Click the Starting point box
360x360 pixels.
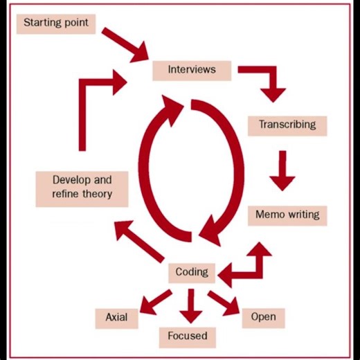point(56,23)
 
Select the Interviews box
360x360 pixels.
point(191,69)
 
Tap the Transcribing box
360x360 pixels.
point(287,125)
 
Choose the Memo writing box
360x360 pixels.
point(287,215)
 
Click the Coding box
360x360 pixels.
point(192,272)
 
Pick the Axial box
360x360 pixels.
point(116,318)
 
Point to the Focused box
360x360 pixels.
point(187,336)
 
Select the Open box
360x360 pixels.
point(263,317)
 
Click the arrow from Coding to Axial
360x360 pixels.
point(156,300)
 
